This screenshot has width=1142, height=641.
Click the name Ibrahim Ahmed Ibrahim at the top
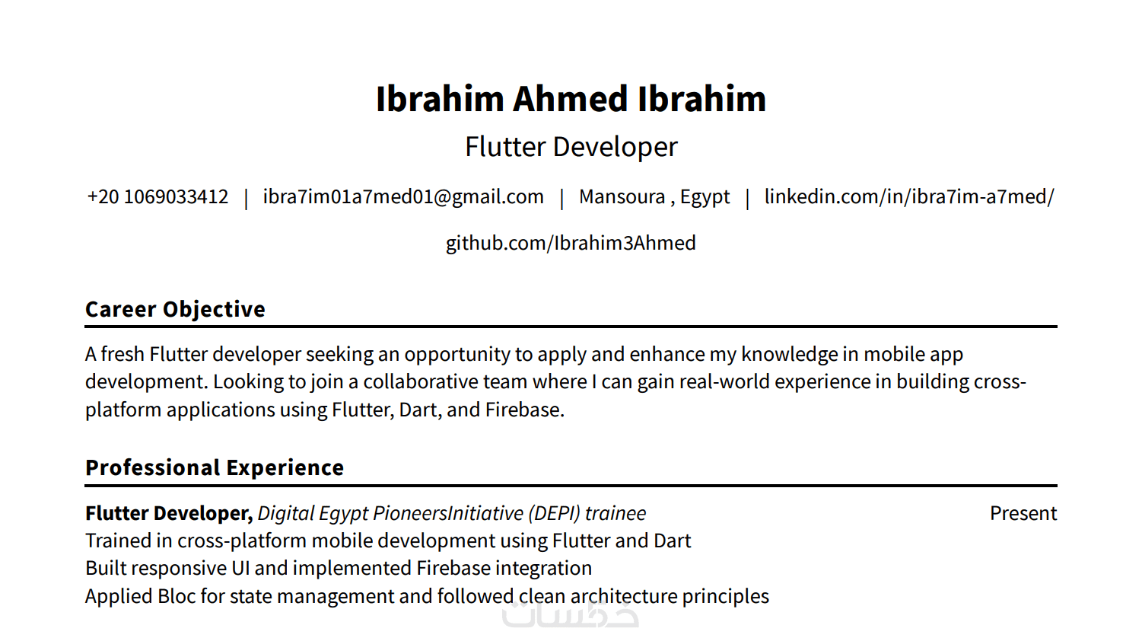pyautogui.click(x=571, y=98)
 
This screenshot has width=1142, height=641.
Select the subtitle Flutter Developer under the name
pyautogui.click(x=571, y=147)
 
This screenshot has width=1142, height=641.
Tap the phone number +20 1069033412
pyautogui.click(x=157, y=197)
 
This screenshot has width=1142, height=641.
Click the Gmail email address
pyautogui.click(x=403, y=197)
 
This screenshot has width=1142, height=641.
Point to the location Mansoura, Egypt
pyautogui.click(x=654, y=197)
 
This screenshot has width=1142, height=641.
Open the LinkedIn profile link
pyautogui.click(x=909, y=197)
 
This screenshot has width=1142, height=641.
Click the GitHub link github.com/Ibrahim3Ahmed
pyautogui.click(x=571, y=244)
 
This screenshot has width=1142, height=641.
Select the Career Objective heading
pyautogui.click(x=176, y=310)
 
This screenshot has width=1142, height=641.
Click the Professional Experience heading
pyautogui.click(x=215, y=467)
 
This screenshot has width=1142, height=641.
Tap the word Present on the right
pyautogui.click(x=1023, y=514)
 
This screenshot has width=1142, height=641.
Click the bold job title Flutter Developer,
pyautogui.click(x=169, y=514)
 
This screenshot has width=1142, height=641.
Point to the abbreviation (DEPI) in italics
pyautogui.click(x=554, y=514)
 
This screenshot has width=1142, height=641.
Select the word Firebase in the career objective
pyautogui.click(x=525, y=410)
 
